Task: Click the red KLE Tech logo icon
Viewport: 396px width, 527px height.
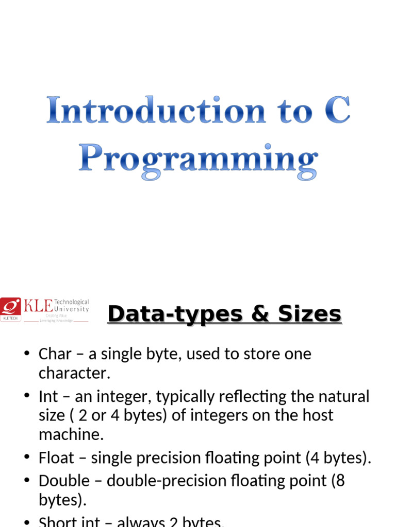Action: click(x=10, y=309)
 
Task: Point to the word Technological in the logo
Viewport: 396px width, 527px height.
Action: click(x=75, y=302)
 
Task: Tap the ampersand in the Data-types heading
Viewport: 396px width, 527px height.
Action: click(x=256, y=314)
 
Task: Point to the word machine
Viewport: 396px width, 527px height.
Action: click(x=71, y=435)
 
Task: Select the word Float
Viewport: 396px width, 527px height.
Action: click(x=56, y=458)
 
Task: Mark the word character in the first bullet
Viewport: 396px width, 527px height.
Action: click(x=74, y=373)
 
